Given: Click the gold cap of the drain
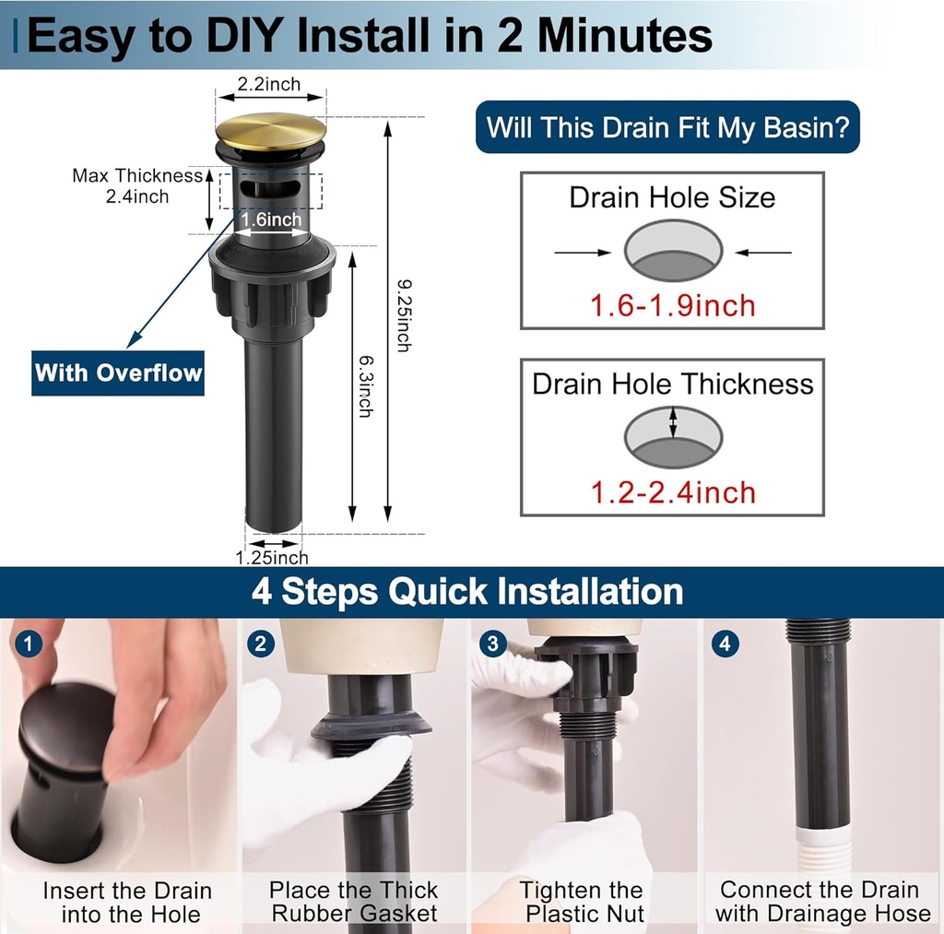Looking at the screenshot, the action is click(271, 131).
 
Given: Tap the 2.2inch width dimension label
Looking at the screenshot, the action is click(269, 84).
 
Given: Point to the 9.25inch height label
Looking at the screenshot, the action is click(404, 315).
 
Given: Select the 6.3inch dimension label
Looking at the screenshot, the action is click(366, 386).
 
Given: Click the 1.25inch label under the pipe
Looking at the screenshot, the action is click(272, 558).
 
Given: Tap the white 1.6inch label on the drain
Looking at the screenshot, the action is click(272, 219).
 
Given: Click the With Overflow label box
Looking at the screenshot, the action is click(118, 372).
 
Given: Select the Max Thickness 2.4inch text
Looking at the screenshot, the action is click(137, 185).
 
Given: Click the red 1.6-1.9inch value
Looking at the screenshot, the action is click(672, 305).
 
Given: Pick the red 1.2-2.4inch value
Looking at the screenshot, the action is click(673, 492).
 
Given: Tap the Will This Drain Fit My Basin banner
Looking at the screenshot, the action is click(667, 127).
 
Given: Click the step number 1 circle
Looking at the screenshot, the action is click(28, 644).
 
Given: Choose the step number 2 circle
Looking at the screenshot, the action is click(261, 644).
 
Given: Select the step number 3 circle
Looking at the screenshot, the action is click(493, 644).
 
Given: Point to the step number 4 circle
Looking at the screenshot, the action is click(726, 644).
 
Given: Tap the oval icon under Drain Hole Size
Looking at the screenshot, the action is click(673, 251).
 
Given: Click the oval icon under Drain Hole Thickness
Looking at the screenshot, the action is click(673, 437).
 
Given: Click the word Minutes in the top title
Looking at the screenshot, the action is click(624, 36).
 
